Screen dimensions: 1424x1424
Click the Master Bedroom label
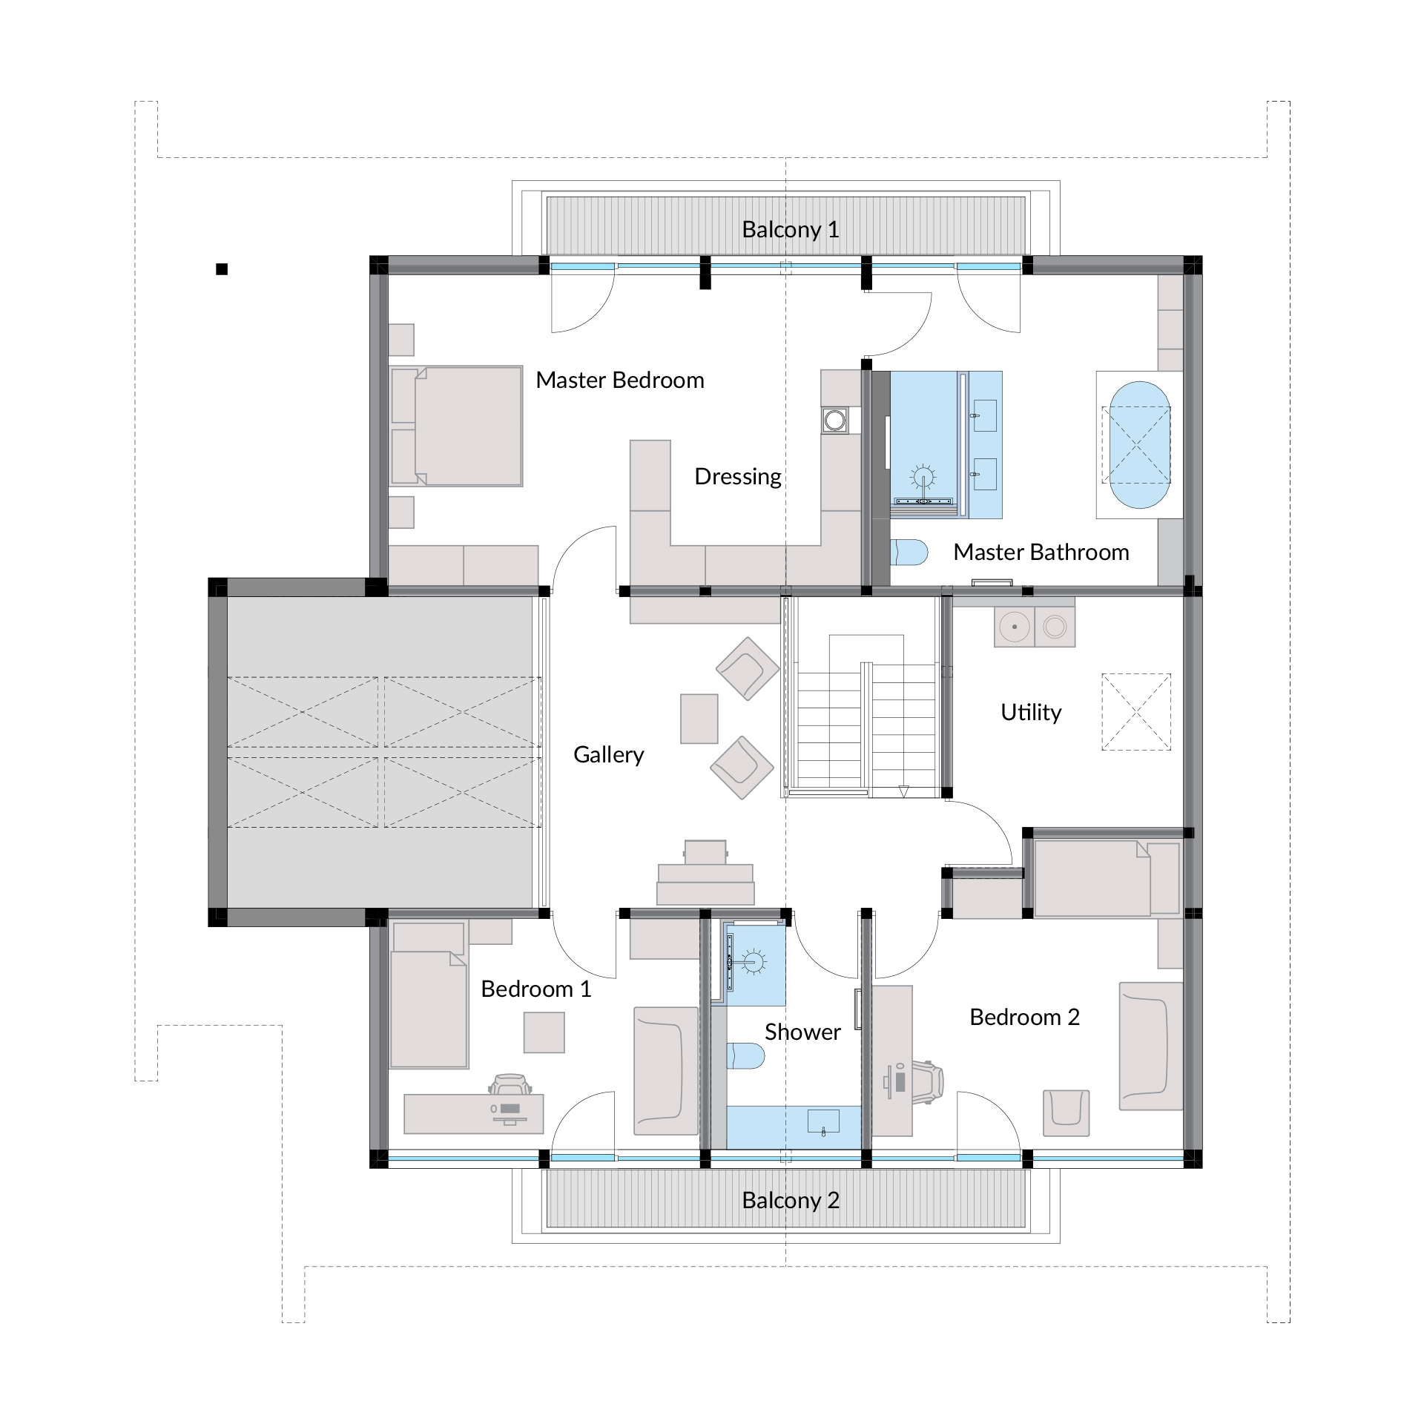(x=620, y=380)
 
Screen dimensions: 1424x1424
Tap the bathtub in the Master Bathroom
(x=1139, y=445)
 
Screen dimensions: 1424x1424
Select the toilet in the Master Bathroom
(x=909, y=553)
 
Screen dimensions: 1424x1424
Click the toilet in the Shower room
(x=745, y=1056)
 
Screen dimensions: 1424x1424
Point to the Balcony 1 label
(x=791, y=230)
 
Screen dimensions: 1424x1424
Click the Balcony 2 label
(x=791, y=1200)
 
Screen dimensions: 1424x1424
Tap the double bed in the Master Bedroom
(x=457, y=426)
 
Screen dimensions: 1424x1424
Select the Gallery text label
(x=609, y=755)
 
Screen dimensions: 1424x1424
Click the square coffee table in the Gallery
(x=699, y=719)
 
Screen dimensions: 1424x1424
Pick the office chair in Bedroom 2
(x=927, y=1082)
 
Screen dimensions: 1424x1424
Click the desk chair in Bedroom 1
(x=510, y=1084)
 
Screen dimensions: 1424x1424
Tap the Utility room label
(x=1031, y=712)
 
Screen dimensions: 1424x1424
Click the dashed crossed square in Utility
(x=1136, y=712)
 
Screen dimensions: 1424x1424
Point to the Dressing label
(x=738, y=477)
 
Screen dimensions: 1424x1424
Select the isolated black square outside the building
(x=222, y=269)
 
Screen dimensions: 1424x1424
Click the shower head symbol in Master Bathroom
(x=923, y=476)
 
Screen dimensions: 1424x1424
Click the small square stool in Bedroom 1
(x=544, y=1032)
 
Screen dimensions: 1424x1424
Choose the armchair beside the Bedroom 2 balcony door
(x=1067, y=1113)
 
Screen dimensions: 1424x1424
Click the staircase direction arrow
(x=903, y=791)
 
